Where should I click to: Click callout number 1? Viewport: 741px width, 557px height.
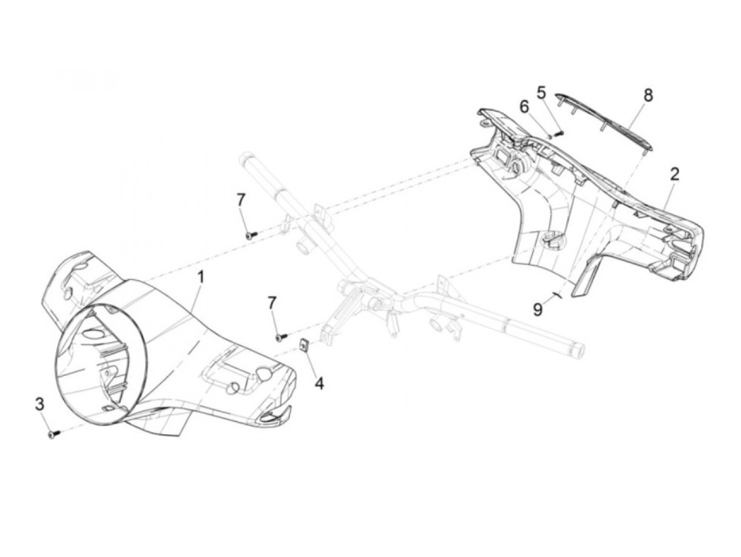pos(201,276)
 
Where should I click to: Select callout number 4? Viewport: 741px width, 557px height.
pos(319,383)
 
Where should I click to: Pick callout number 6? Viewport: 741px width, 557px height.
pos(524,107)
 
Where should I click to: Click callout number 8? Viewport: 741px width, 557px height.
pos(648,96)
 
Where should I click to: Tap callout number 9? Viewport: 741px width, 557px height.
pos(538,309)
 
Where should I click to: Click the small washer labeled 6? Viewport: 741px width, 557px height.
pos(550,137)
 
